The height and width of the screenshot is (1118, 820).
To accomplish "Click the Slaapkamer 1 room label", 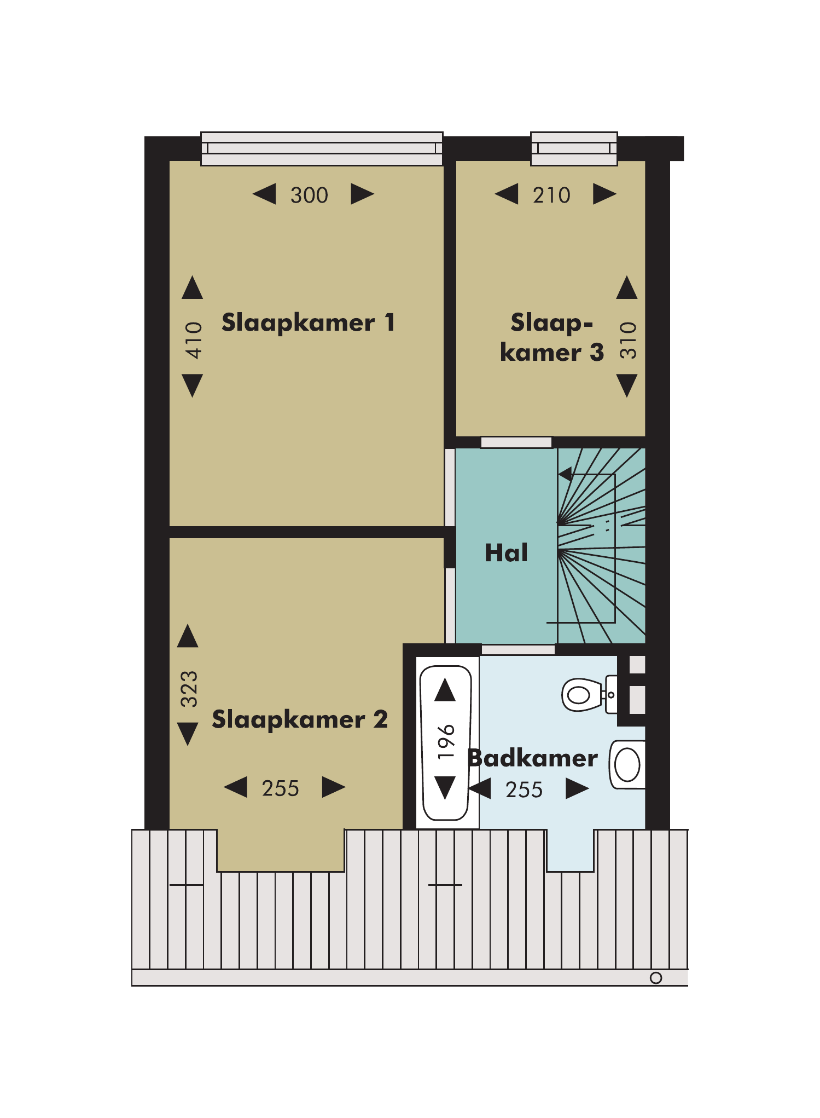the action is pyautogui.click(x=308, y=323).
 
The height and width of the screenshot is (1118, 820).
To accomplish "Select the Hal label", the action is pyautogui.click(x=507, y=553).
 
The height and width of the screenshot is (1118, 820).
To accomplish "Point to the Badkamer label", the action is pyautogui.click(x=533, y=758).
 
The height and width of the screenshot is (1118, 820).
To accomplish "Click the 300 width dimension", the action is pyautogui.click(x=309, y=195).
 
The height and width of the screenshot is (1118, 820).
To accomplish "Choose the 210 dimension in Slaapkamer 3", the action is pyautogui.click(x=551, y=195).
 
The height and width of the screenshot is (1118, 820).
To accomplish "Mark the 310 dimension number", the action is pyautogui.click(x=629, y=341).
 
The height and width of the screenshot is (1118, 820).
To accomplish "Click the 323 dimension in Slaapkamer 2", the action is pyautogui.click(x=189, y=689).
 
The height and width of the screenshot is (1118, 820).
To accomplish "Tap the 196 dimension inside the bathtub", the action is pyautogui.click(x=446, y=741).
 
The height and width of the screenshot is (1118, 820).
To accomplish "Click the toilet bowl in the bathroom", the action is pyautogui.click(x=583, y=695).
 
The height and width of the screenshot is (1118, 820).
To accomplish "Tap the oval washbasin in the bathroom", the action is pyautogui.click(x=627, y=765).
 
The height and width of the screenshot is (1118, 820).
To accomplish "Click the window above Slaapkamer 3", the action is pyautogui.click(x=574, y=148).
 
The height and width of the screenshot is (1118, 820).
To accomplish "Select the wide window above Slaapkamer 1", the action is pyautogui.click(x=322, y=148).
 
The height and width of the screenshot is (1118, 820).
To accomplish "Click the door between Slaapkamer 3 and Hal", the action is pyautogui.click(x=516, y=442).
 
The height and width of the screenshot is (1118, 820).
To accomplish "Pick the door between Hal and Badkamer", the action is pyautogui.click(x=518, y=650).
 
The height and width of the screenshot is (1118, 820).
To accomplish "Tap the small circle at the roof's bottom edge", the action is pyautogui.click(x=656, y=978).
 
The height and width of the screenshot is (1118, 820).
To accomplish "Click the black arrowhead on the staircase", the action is pyautogui.click(x=566, y=474).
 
